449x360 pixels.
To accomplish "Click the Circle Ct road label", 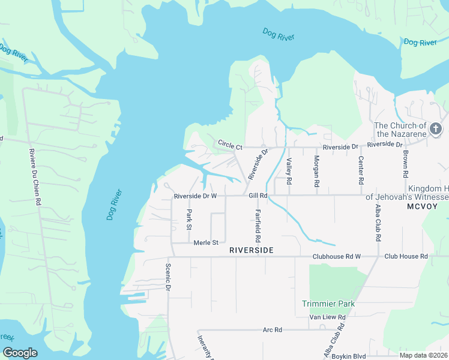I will (230, 145).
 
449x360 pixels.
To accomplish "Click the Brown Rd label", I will (406, 162).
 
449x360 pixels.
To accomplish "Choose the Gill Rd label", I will (258, 196).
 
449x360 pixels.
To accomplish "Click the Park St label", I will (188, 220).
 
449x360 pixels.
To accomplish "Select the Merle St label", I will (205, 242).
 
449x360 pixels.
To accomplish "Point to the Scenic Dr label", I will (169, 277).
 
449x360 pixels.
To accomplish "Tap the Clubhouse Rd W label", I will (336, 257).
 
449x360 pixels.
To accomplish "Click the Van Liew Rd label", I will (327, 317).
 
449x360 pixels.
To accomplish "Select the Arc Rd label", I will (272, 330).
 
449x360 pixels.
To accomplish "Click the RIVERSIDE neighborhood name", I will (251, 250).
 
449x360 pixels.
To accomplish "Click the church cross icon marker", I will (436, 128).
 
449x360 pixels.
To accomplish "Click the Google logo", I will (20, 353).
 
